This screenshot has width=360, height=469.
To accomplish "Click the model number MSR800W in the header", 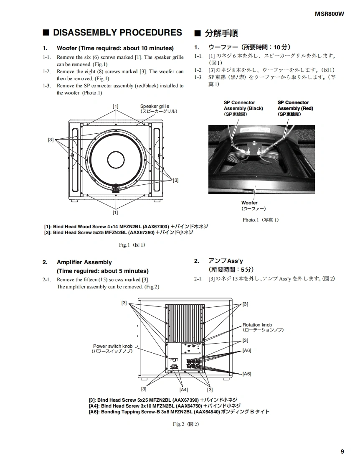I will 330,14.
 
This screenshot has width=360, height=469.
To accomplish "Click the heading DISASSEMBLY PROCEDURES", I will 117,33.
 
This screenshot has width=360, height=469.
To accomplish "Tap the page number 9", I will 342,451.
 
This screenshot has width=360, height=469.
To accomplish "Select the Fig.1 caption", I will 132,245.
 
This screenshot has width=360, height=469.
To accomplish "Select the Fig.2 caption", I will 186,424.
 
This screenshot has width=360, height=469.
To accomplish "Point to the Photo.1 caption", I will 261,220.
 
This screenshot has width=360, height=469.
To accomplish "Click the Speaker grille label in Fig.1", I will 155,107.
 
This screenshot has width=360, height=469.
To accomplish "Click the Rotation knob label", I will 257,325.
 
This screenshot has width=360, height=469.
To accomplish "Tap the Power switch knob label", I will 112,346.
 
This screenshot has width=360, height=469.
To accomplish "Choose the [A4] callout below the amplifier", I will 183,390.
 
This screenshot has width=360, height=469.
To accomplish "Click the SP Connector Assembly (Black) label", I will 243,105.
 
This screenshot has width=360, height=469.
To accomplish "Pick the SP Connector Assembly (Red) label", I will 295,105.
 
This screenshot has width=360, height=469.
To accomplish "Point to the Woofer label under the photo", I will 249,203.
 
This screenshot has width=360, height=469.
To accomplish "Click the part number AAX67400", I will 156,227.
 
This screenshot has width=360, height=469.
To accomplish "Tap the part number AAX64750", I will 188,406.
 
